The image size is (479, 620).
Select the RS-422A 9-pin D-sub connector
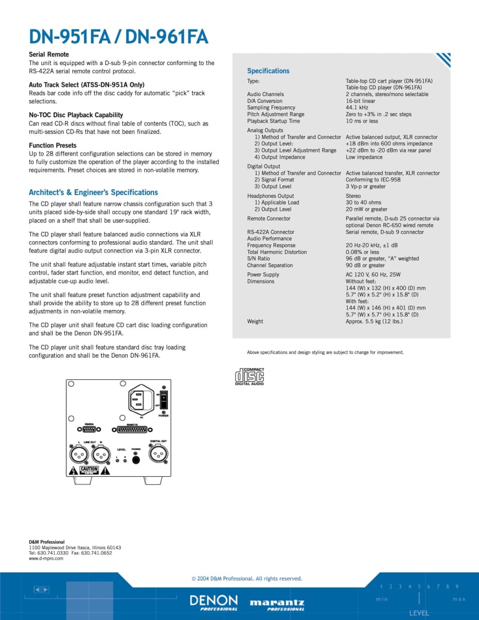pyautogui.click(x=89, y=429)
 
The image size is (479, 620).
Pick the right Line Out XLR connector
pyautogui.click(x=101, y=455)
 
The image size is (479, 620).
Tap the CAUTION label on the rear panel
pyautogui.click(x=88, y=470)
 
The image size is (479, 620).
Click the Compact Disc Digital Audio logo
pyautogui.click(x=250, y=376)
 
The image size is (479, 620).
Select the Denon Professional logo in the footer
pyautogui.click(x=214, y=602)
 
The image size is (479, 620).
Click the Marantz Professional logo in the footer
pyautogui.click(x=277, y=605)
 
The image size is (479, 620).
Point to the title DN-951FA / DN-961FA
pyautogui.click(x=118, y=37)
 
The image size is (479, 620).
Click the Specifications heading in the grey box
pyautogui.click(x=268, y=71)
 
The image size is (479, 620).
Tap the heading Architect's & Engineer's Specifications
pyautogui.click(x=94, y=192)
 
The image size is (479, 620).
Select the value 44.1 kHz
pyautogui.click(x=357, y=107)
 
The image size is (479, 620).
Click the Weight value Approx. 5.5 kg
pyautogui.click(x=374, y=321)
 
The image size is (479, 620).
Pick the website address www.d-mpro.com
pyautogui.click(x=46, y=559)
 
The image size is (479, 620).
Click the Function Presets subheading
pyautogui.click(x=53, y=145)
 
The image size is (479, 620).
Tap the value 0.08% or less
pyautogui.click(x=362, y=252)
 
